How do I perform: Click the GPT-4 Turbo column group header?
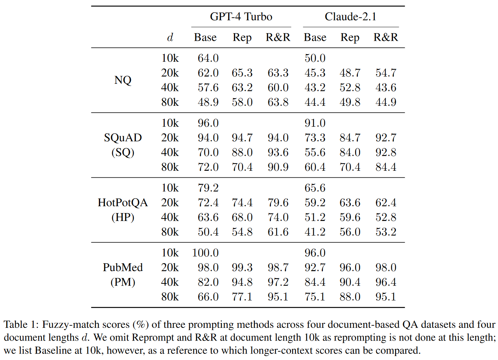pos(241,17)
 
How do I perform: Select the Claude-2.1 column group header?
pos(350,17)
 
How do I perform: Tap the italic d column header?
pos(170,37)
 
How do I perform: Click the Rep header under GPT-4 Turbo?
pos(242,37)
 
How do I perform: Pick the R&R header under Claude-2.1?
pos(385,37)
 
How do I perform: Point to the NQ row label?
pos(123,80)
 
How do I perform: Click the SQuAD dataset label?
pos(123,138)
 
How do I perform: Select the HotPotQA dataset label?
pos(123,203)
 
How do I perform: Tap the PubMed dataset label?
pos(123,268)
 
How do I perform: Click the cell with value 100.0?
pos(205,253)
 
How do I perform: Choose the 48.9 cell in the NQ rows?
pos(208,102)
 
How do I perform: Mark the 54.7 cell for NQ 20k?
pos(386,73)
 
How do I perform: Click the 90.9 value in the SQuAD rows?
pos(278,167)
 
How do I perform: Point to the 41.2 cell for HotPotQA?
pos(315,232)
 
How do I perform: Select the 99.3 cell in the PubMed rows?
pos(242,268)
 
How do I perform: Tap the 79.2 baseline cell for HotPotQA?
pos(208,188)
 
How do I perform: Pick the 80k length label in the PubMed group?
pos(170,297)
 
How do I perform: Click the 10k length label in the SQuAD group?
pos(170,123)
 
